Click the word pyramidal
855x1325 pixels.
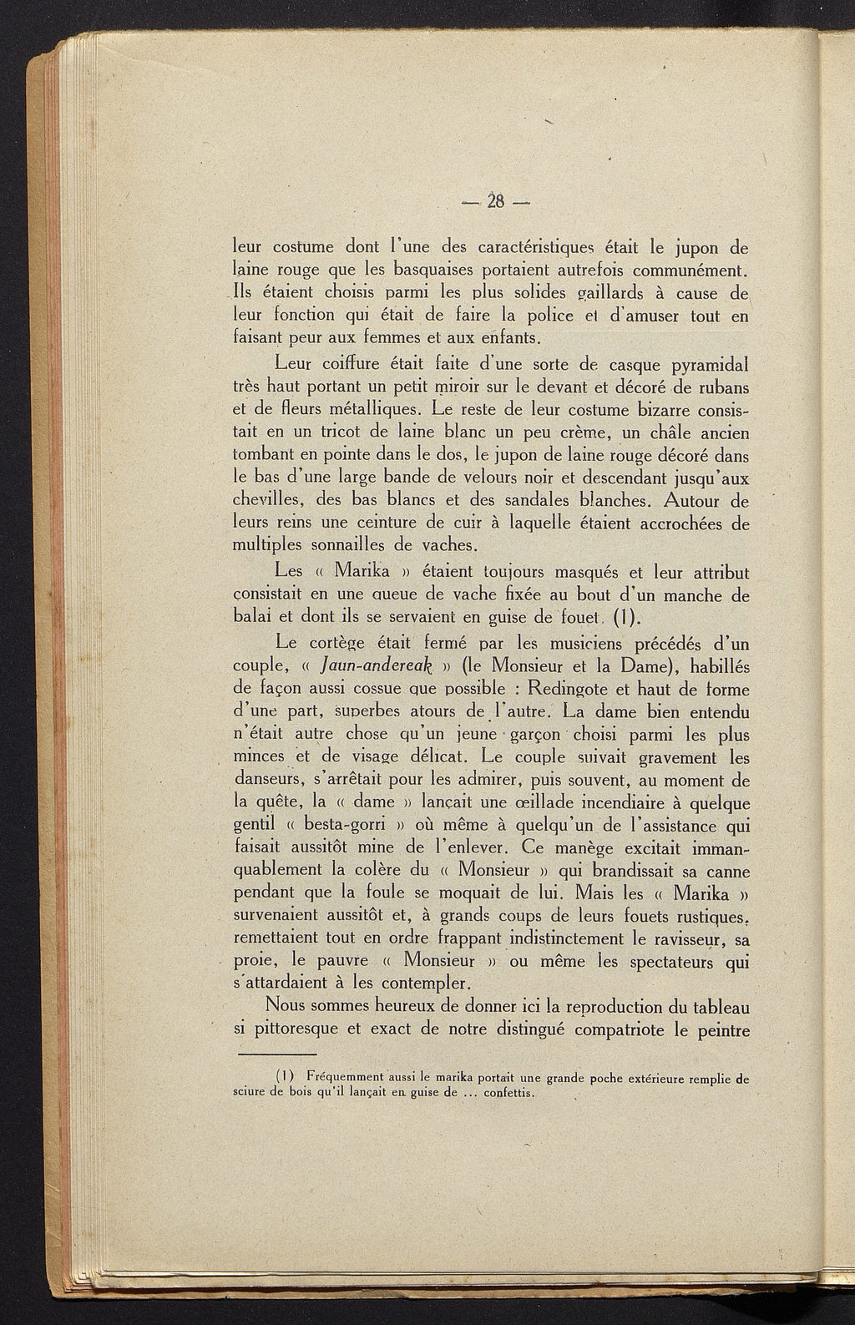click(700, 365)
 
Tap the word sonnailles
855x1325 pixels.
click(346, 547)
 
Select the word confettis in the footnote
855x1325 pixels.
click(510, 1093)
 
